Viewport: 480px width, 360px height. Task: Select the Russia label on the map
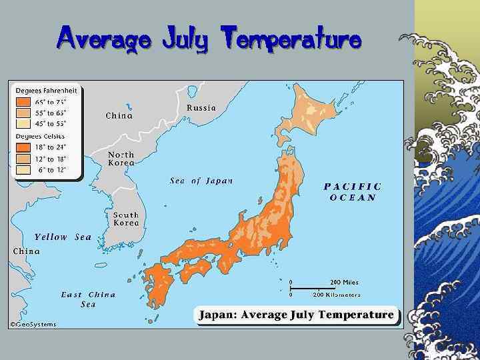click(201, 107)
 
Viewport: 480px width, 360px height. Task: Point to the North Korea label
click(121, 159)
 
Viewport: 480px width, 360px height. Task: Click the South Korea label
click(125, 219)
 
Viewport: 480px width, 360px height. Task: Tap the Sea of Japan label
click(201, 181)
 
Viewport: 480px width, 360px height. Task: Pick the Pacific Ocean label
click(353, 192)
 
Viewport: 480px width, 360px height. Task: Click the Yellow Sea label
click(63, 237)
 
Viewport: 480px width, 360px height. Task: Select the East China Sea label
click(88, 299)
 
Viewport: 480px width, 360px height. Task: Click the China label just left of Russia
click(119, 115)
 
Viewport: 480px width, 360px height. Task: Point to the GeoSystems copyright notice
click(33, 324)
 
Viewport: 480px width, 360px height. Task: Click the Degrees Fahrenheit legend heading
click(47, 90)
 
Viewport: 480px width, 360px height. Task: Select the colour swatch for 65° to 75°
click(23, 103)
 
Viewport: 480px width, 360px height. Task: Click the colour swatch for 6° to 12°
click(23, 169)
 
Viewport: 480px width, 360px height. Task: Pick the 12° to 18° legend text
click(52, 159)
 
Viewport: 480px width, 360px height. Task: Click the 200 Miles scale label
click(344, 283)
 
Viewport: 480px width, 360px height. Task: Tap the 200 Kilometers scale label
click(337, 294)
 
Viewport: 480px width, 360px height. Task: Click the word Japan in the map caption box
click(217, 315)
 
